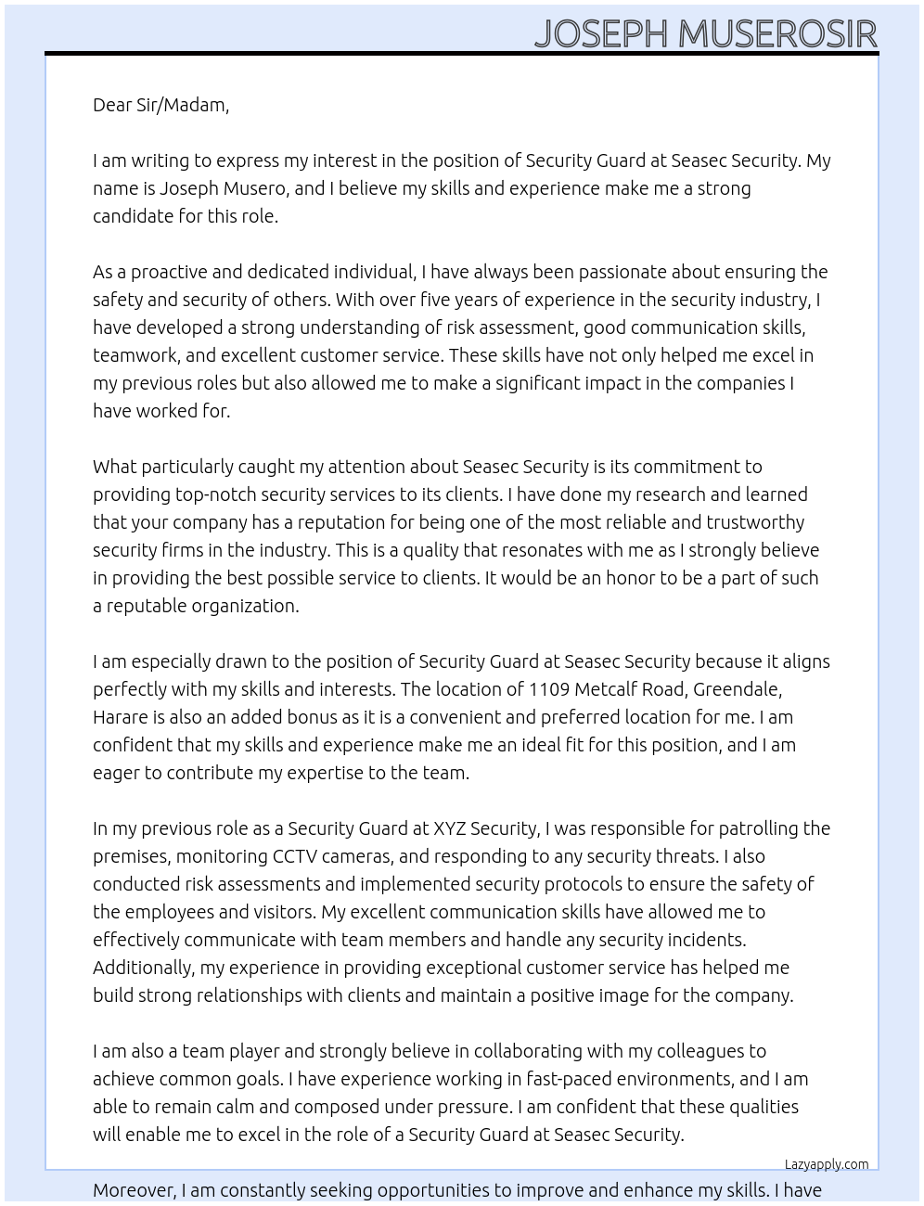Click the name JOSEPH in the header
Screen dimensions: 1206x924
[x=601, y=33]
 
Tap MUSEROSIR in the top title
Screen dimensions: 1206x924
[x=777, y=33]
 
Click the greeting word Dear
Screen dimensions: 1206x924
[x=112, y=105]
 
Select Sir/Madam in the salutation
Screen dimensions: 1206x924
[x=183, y=105]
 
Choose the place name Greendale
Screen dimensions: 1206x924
[x=738, y=689]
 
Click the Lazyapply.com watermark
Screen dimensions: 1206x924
[x=827, y=1164]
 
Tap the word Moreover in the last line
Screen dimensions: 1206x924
[x=134, y=1190]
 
